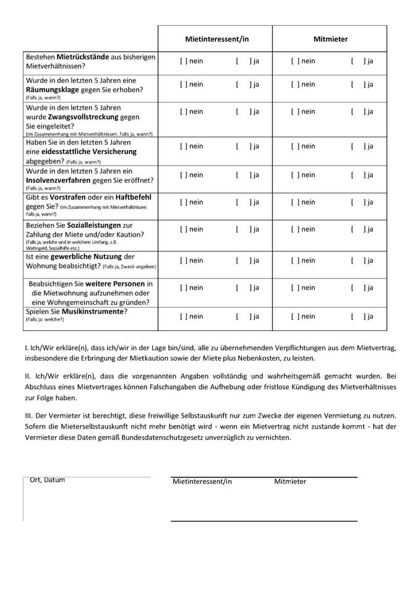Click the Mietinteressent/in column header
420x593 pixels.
tap(216, 39)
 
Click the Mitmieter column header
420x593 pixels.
tap(330, 39)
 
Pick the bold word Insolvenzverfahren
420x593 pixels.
tap(80, 180)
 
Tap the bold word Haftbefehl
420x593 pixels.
tap(133, 197)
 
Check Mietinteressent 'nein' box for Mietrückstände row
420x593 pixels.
tap(183, 61)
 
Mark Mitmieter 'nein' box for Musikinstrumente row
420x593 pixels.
tap(295, 317)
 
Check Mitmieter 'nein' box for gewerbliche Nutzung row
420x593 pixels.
tap(295, 261)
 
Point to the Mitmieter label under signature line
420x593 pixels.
tap(290, 482)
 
